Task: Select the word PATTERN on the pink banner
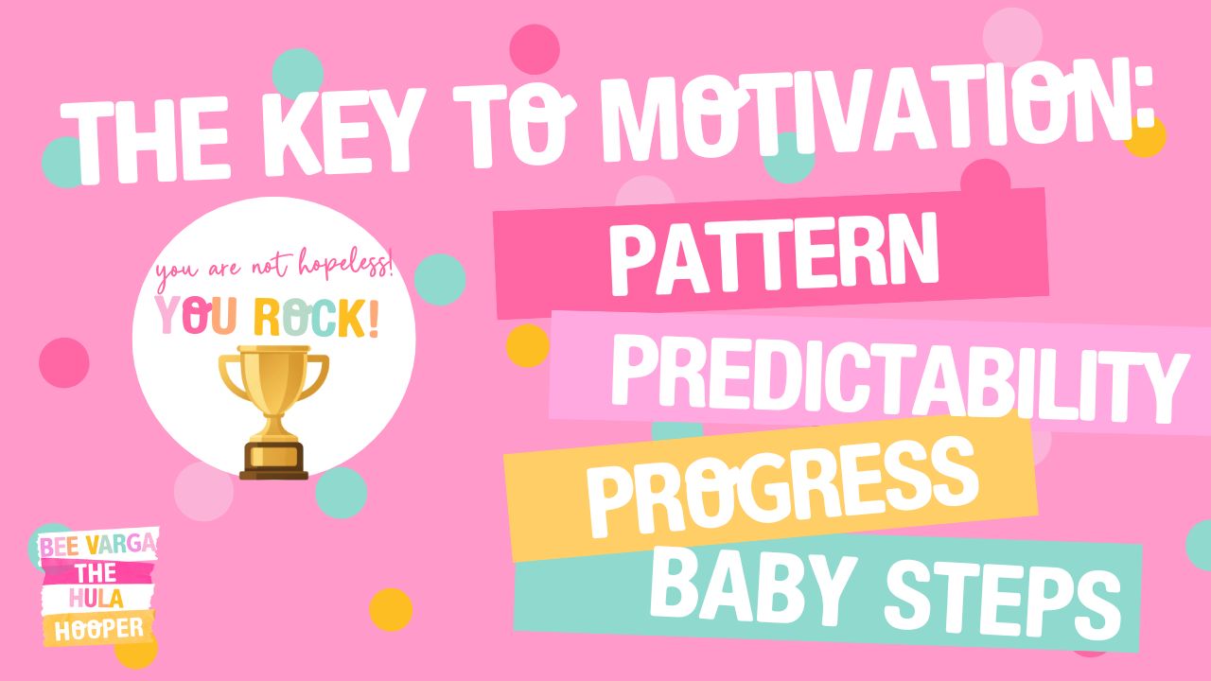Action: [x=774, y=253]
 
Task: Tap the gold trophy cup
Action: [x=273, y=411]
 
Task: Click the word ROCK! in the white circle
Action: [x=316, y=319]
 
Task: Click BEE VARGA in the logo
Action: [x=98, y=545]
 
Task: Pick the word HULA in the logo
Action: [x=97, y=599]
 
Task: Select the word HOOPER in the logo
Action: [x=99, y=629]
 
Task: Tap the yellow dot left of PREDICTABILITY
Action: [x=528, y=346]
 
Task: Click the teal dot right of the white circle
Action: [x=440, y=279]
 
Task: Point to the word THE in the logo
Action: [x=96, y=573]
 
